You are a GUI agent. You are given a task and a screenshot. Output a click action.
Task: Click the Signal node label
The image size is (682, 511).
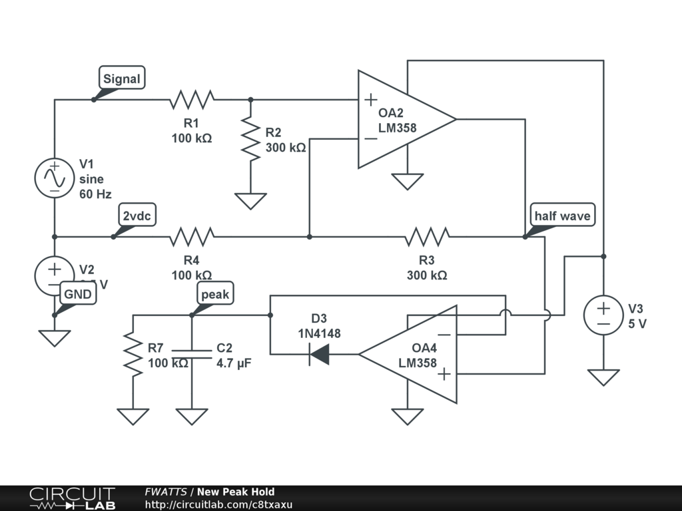tap(122, 79)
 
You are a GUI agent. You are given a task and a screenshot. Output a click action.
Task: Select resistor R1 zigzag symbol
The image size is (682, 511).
tap(192, 100)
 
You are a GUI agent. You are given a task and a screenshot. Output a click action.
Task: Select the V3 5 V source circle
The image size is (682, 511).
tap(603, 315)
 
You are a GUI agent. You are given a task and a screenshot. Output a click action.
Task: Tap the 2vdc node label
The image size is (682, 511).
tap(137, 216)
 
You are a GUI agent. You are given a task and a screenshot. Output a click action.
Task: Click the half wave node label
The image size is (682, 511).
tap(561, 216)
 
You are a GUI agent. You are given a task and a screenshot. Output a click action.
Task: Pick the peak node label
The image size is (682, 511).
tap(215, 293)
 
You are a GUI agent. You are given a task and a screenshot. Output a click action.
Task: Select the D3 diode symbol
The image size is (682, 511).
tap(320, 354)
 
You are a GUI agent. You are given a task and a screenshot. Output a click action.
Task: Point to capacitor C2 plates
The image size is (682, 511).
tap(192, 354)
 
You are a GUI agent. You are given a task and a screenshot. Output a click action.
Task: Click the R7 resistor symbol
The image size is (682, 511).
tap(133, 354)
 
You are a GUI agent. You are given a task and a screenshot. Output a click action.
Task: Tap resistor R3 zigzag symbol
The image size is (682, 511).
tap(427, 236)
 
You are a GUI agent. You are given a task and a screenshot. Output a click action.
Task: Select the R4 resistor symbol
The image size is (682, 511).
tap(192, 236)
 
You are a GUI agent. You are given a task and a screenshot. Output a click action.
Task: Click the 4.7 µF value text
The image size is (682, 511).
tap(234, 363)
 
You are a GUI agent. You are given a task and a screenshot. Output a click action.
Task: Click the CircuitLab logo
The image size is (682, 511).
tap(72, 498)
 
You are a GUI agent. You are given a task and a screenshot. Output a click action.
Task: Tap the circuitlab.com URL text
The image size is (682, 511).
tap(218, 505)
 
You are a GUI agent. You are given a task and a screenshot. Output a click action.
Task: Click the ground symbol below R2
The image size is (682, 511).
tap(250, 200)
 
